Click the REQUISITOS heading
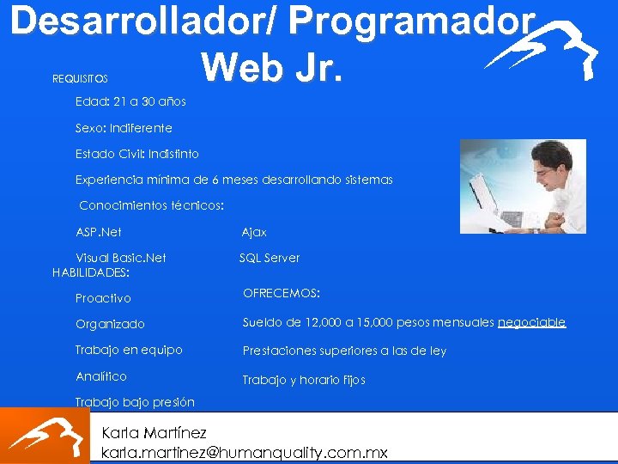tap(80, 79)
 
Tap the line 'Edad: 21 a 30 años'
tap(130, 101)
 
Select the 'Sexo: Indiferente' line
tap(124, 128)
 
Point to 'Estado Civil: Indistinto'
tap(137, 154)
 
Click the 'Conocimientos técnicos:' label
tap(151, 206)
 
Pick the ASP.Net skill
tap(99, 232)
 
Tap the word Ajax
tap(254, 232)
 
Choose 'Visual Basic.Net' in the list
tap(121, 258)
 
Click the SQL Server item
tap(270, 258)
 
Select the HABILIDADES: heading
tap(91, 272)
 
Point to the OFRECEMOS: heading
tap(282, 294)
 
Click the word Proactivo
tap(103, 298)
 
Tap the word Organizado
tap(110, 324)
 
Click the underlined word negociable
tap(531, 322)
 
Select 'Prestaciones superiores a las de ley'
tap(344, 351)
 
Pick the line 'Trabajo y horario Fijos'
tap(304, 380)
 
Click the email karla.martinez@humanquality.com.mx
tap(245, 452)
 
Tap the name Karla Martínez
tap(154, 431)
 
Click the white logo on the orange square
tap(45, 436)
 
